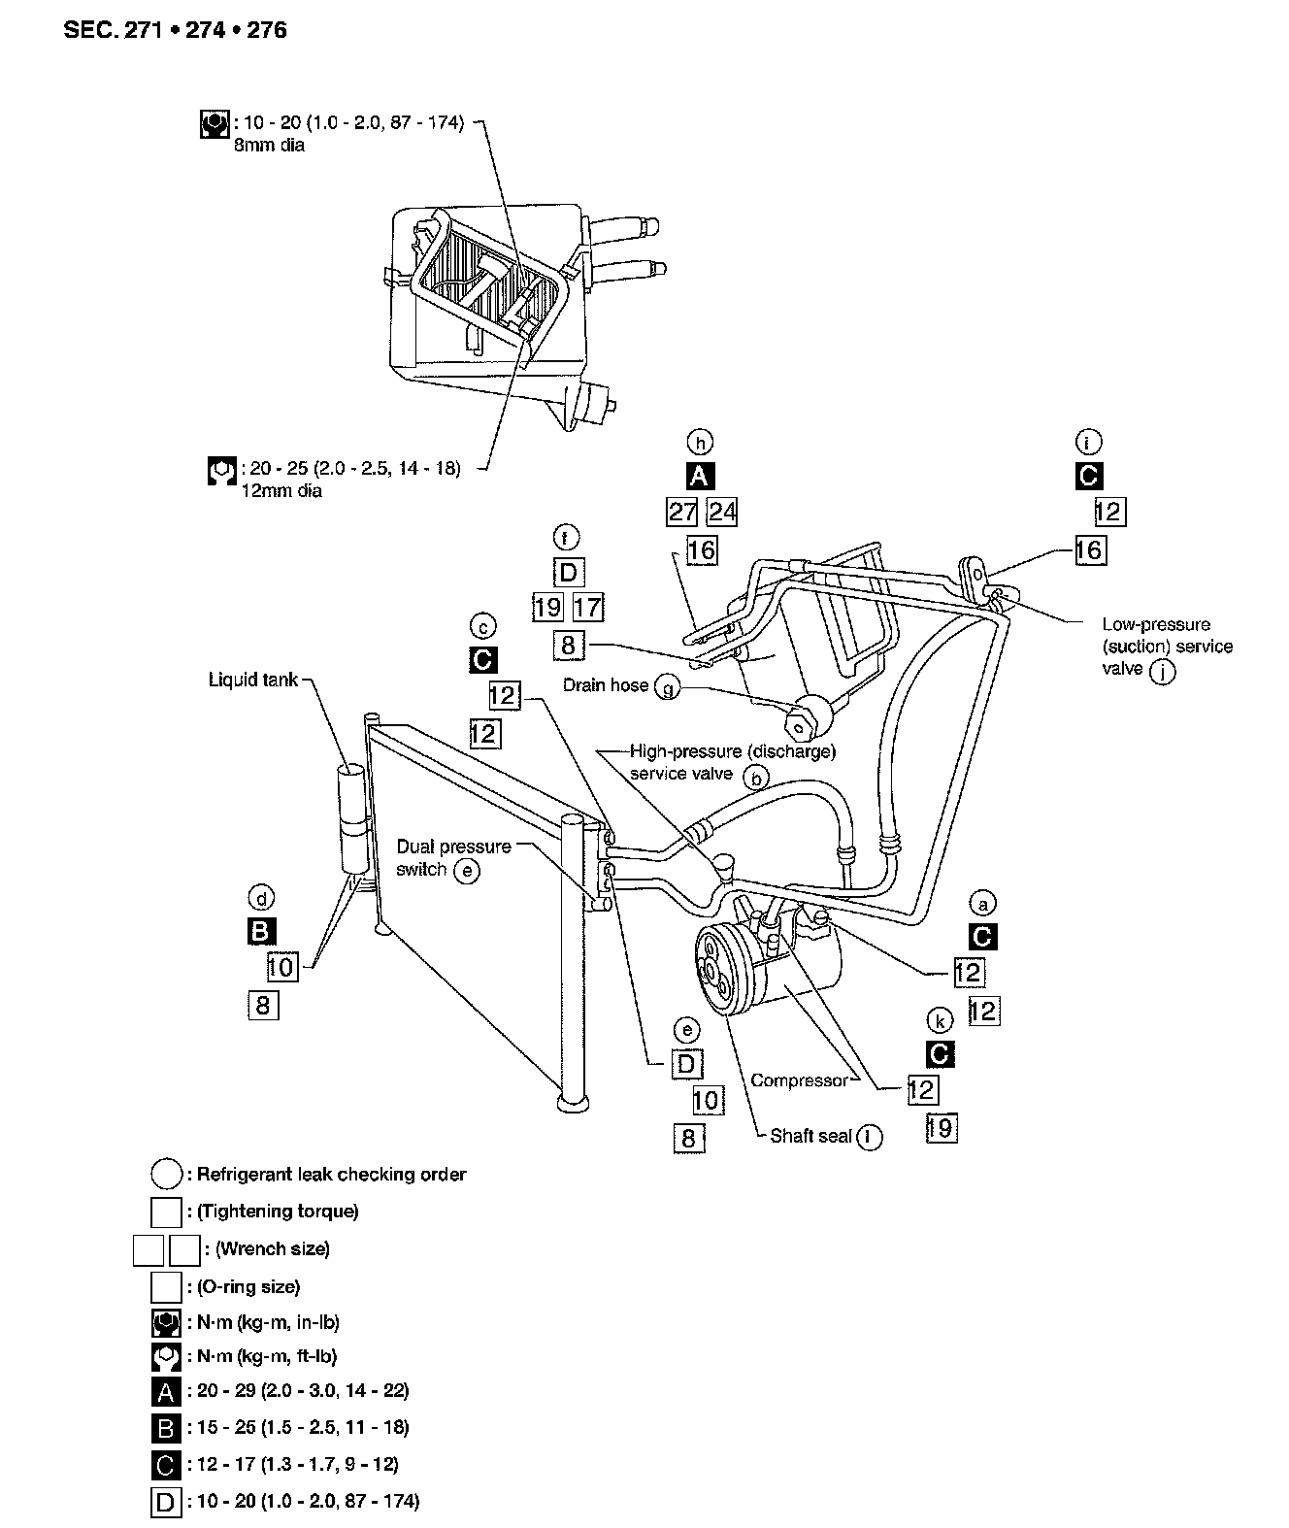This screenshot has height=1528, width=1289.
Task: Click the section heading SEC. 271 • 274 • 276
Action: coord(175,30)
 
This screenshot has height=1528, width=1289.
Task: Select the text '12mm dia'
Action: coord(281,490)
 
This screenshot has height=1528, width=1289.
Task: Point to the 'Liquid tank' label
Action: coord(253,680)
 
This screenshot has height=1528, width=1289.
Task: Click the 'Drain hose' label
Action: coord(606,685)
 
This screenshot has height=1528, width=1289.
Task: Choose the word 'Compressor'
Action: coord(799,1080)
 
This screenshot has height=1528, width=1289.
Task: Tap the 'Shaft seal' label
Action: coord(810,1136)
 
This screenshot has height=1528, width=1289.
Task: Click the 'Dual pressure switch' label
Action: coord(452,857)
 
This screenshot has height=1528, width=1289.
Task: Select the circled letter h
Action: coord(699,443)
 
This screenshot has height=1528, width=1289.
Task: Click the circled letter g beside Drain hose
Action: coord(668,687)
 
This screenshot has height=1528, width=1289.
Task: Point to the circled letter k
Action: coord(939,1020)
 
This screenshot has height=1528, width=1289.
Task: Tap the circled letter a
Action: coord(983,904)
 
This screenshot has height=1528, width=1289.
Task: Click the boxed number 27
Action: coord(682,511)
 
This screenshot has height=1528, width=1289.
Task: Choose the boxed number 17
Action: coord(587,608)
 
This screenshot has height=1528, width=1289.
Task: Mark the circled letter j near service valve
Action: coord(1162,671)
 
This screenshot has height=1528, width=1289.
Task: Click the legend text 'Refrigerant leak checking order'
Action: coord(331,1175)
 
